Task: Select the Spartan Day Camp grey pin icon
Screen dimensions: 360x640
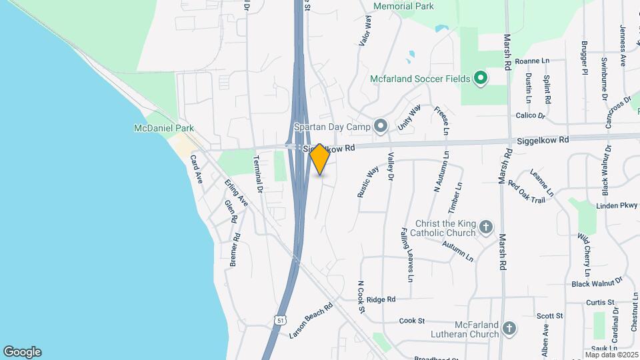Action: tap(381, 125)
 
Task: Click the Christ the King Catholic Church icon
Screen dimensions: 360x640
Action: tap(486, 227)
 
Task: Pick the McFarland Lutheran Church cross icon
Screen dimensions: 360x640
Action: tap(509, 328)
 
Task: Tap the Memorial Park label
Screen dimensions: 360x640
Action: tap(403, 7)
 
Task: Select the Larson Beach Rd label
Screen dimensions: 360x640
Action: tap(311, 321)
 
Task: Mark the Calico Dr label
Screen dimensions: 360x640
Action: tap(531, 115)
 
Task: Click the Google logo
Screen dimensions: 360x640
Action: tap(22, 351)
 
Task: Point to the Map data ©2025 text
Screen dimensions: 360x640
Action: tap(611, 355)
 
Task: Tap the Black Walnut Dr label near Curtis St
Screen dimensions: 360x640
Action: tap(596, 283)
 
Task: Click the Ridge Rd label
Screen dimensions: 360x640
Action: tap(381, 299)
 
